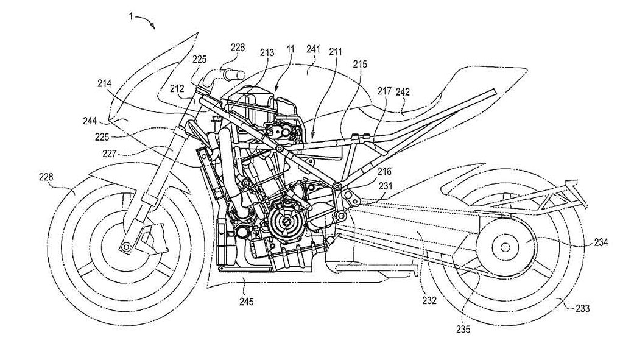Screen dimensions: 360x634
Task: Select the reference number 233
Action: point(583,309)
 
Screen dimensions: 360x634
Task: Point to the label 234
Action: point(601,242)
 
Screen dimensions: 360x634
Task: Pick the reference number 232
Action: point(429,300)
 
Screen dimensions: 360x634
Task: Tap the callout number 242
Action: point(403,91)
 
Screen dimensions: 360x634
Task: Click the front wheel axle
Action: point(125,246)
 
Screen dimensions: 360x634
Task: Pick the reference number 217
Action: point(384,91)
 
